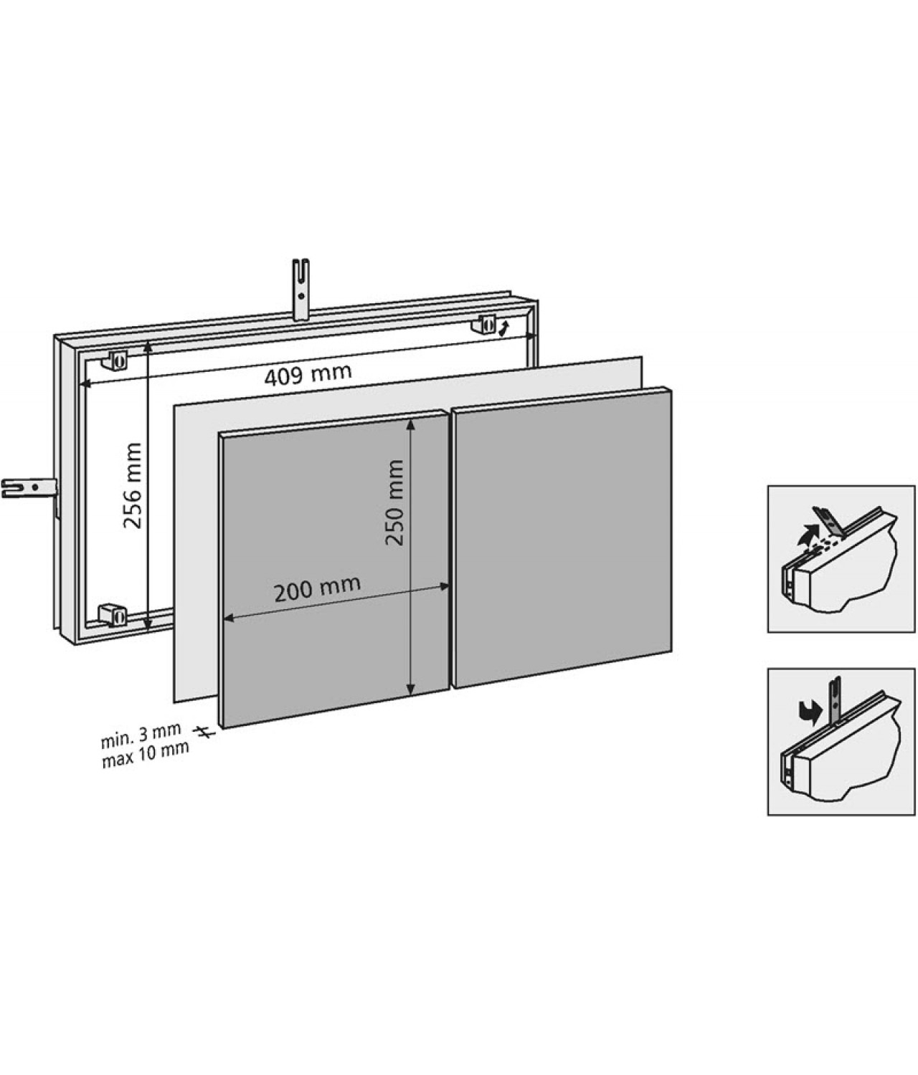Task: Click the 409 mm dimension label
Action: [308, 374]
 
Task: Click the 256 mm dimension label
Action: [132, 485]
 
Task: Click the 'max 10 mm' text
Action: [146, 750]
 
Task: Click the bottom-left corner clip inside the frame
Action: [113, 613]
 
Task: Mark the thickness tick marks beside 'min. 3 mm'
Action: [204, 732]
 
